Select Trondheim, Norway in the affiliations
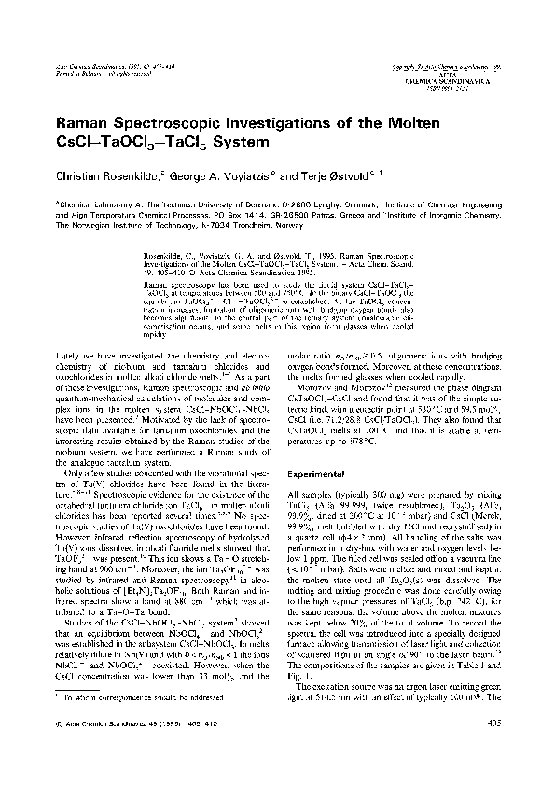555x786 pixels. (254, 220)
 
